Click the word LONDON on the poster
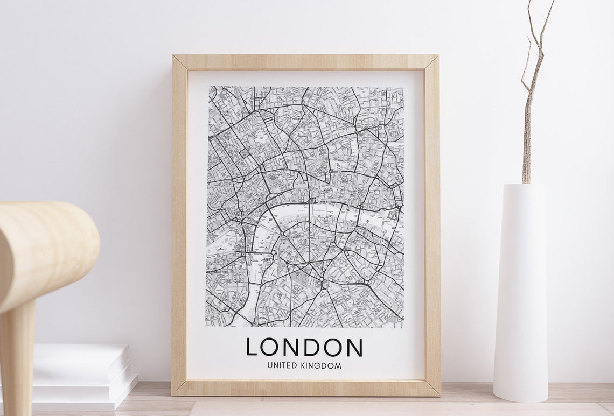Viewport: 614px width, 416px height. click(x=304, y=347)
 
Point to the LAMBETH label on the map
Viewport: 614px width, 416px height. click(x=267, y=259)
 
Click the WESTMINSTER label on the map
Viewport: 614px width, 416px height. click(x=217, y=272)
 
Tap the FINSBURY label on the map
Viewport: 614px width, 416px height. click(x=297, y=119)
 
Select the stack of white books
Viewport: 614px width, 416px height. click(x=81, y=371)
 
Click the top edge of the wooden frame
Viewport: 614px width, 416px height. click(x=305, y=62)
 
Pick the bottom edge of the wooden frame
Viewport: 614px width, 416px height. click(x=305, y=387)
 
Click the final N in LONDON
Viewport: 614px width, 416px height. click(x=353, y=347)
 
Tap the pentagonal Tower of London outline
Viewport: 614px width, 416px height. click(x=392, y=215)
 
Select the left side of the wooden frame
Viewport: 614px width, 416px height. click(x=179, y=226)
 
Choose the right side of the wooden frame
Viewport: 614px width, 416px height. click(x=432, y=226)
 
